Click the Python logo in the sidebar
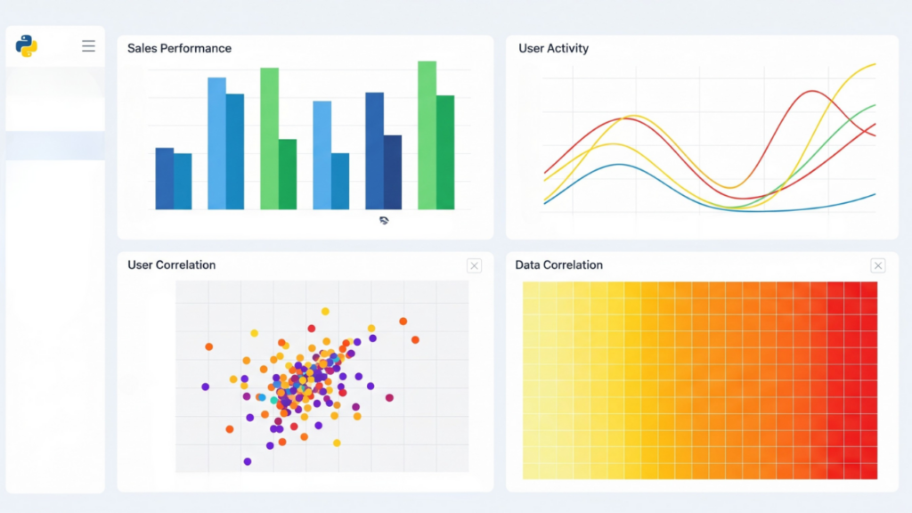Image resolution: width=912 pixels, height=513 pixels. [x=27, y=45]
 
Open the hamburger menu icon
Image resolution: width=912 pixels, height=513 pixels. [x=88, y=45]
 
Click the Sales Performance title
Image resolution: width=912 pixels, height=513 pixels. [x=179, y=48]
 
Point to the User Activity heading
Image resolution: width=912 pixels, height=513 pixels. [x=553, y=48]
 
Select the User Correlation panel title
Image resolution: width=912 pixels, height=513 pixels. [x=171, y=265]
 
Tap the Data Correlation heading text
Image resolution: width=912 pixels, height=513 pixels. [x=558, y=265]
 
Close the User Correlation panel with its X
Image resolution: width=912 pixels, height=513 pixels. [x=474, y=265]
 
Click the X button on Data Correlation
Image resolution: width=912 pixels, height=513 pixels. [x=877, y=265]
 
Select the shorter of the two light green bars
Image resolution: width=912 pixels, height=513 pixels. [x=269, y=139]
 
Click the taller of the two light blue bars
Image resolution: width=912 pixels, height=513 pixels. [x=216, y=143]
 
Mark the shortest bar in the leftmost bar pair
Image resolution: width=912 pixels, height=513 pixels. [x=183, y=182]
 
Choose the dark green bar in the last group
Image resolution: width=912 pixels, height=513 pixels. [x=445, y=152]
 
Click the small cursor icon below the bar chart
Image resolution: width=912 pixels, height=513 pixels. [x=384, y=220]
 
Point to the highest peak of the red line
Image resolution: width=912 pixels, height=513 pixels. [x=812, y=92]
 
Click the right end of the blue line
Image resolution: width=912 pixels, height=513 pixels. [x=875, y=193]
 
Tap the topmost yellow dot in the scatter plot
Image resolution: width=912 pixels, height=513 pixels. [x=325, y=312]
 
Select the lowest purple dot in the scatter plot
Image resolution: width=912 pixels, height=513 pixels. [x=247, y=461]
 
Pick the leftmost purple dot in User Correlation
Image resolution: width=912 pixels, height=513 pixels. [x=205, y=387]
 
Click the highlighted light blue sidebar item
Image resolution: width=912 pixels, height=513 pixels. [x=55, y=146]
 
